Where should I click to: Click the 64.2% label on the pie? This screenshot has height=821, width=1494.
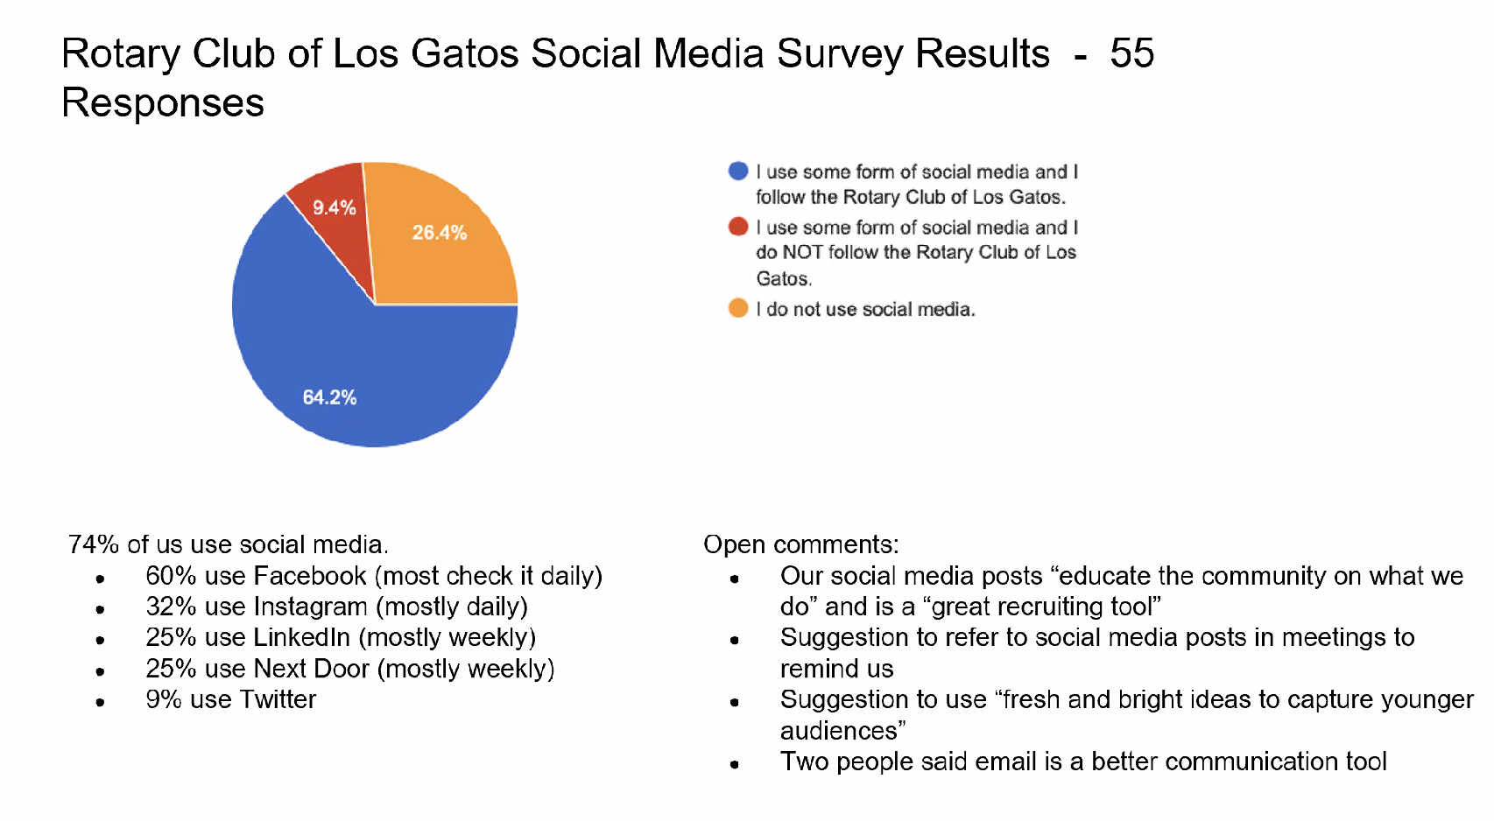pyautogui.click(x=329, y=397)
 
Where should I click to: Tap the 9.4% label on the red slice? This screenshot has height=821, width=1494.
pyautogui.click(x=335, y=207)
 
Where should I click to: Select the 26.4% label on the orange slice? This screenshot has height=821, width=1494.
pyautogui.click(x=440, y=233)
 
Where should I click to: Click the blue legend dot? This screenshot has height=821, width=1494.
pyautogui.click(x=738, y=171)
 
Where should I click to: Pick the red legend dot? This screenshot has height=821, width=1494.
pyautogui.click(x=738, y=227)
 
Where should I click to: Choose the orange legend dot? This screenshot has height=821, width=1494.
pyautogui.click(x=738, y=308)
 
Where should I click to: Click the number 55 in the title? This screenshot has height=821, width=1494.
pyautogui.click(x=1131, y=53)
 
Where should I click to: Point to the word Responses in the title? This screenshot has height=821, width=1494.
pyautogui.click(x=163, y=103)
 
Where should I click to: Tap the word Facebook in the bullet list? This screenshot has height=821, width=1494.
pyautogui.click(x=310, y=576)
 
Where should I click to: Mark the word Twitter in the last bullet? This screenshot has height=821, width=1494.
pyautogui.click(x=278, y=699)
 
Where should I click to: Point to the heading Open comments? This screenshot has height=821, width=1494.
pyautogui.click(x=801, y=544)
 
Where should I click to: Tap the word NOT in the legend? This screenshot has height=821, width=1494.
pyautogui.click(x=802, y=252)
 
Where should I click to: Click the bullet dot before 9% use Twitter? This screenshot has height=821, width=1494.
pyautogui.click(x=101, y=702)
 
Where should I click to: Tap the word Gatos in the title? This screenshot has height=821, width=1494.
pyautogui.click(x=465, y=53)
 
